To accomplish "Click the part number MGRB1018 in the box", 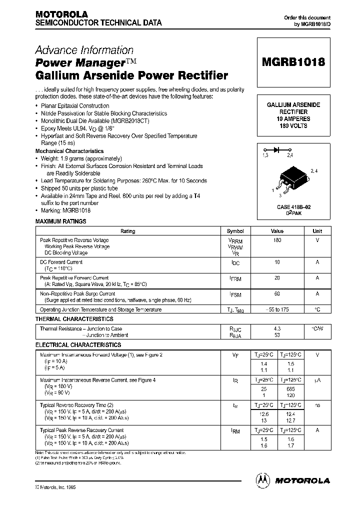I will [x=293, y=62].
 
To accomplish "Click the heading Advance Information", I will [x=84, y=50].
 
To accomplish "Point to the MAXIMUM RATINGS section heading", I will [x=60, y=221].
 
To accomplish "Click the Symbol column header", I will [x=235, y=231].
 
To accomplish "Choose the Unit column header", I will [x=317, y=231].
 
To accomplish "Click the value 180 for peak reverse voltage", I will [x=277, y=240].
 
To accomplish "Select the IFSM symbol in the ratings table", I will [x=235, y=294].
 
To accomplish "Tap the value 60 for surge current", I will [x=277, y=294].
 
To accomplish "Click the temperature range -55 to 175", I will [x=277, y=309].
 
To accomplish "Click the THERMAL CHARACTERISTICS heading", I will [x=74, y=319].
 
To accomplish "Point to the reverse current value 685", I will [x=290, y=388].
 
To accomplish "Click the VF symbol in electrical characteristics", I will [x=235, y=355].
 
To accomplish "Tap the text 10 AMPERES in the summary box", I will [x=293, y=119].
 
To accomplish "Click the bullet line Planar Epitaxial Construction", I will [x=74, y=106].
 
